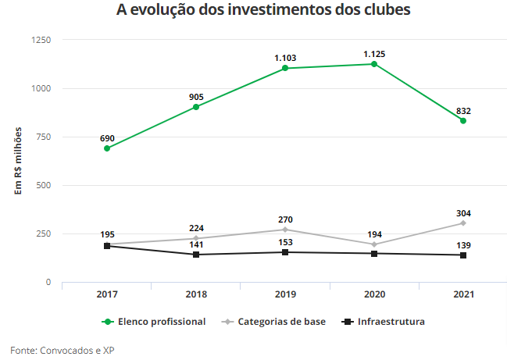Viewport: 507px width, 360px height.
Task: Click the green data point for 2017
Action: click(107, 148)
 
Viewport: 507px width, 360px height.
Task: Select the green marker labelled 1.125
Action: click(374, 64)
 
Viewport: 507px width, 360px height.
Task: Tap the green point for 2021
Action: click(463, 121)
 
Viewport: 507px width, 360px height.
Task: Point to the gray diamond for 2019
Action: click(285, 230)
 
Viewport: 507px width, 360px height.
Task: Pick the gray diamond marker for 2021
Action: click(463, 223)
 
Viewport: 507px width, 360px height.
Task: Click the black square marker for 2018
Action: click(196, 255)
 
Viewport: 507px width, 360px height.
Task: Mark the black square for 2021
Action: click(463, 255)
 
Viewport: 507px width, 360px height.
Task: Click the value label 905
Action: click(196, 98)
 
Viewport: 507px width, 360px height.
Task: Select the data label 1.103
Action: click(285, 58)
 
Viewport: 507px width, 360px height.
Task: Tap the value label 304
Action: click(463, 213)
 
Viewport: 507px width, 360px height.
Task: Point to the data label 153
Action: click(285, 243)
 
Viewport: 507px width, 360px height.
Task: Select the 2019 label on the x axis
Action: click(285, 294)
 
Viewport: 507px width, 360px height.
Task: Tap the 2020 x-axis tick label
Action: click(374, 294)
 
